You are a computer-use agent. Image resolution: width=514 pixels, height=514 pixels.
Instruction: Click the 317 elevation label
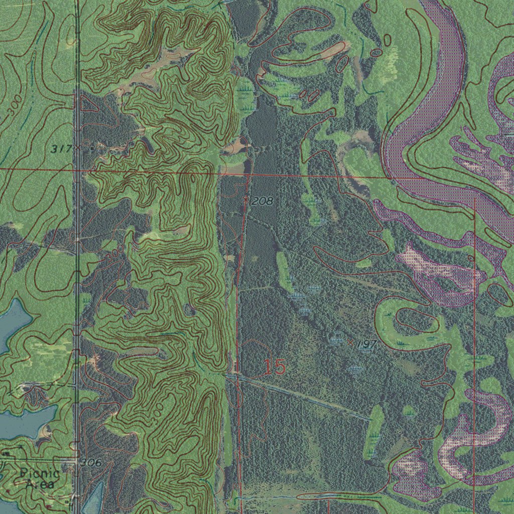62,149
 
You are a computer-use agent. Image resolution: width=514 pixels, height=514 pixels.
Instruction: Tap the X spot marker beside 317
78,148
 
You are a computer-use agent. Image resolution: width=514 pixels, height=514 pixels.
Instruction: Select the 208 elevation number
262,201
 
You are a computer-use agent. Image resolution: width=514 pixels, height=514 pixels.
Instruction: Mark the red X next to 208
245,199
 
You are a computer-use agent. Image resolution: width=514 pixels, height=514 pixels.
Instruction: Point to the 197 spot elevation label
367,344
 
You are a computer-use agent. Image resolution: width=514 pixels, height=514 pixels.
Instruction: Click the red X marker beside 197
350,342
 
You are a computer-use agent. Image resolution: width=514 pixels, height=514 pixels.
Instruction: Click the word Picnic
40,473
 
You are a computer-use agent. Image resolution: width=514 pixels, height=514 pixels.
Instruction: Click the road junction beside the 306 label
76,459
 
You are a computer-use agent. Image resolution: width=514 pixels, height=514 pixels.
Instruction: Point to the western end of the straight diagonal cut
227,374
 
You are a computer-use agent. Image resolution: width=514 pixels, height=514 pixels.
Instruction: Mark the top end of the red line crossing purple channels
475,199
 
